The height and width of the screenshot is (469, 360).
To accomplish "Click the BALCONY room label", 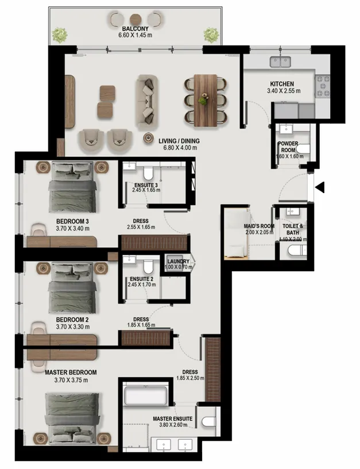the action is tap(135, 29).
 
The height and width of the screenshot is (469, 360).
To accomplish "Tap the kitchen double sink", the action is tap(280, 62).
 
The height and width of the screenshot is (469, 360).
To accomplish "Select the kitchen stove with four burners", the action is tap(323, 86).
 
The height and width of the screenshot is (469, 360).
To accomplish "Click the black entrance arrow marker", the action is tap(320, 187).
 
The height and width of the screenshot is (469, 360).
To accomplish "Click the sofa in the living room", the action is tap(146, 102).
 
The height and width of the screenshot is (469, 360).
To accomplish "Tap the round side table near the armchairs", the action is tap(149, 138).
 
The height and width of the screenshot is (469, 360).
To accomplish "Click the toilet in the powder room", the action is tap(303, 148).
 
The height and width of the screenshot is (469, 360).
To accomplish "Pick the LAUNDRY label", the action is tap(179, 261).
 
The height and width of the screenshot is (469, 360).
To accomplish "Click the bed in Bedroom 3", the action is tap(72, 186).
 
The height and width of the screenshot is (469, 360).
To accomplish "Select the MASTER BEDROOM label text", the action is tap(71, 372).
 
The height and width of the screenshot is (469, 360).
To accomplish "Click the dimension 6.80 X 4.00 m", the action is tap(180, 148).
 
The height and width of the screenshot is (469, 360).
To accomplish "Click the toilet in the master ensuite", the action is tap(209, 421).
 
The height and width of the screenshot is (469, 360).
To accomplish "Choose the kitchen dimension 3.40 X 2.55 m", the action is tap(284, 91).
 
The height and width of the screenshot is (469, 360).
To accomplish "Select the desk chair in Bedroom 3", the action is tap(40, 229).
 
